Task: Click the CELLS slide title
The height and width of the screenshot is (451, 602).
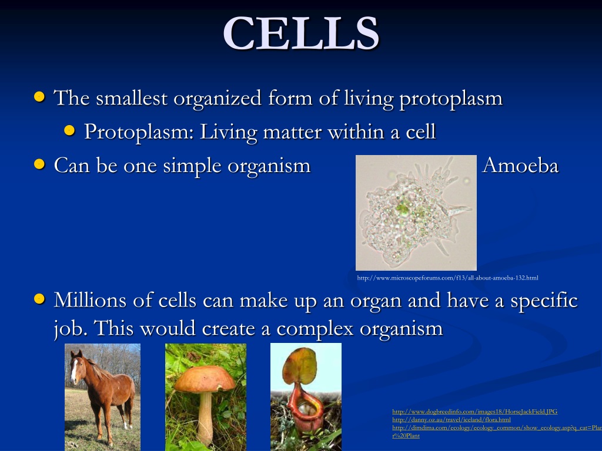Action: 302,33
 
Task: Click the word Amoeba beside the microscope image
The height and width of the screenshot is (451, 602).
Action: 520,165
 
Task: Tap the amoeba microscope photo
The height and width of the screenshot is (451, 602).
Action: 416,213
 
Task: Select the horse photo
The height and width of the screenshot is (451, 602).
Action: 102,398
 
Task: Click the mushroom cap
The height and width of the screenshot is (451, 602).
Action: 204,379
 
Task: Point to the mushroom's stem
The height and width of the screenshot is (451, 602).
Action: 205,419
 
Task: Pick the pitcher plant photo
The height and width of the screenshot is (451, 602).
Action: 306,397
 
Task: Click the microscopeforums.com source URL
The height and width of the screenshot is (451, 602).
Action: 447,278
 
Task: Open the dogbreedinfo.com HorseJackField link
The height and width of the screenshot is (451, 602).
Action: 475,412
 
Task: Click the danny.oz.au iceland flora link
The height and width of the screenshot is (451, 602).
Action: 451,419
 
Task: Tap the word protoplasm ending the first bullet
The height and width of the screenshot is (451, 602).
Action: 451,99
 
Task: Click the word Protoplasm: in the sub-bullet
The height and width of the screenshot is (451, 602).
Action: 139,132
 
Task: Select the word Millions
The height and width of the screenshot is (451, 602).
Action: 90,299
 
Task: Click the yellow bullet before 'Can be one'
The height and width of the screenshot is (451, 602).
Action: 39,164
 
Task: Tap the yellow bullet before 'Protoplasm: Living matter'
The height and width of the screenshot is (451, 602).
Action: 69,131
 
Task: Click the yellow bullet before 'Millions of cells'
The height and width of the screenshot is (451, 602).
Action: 39,298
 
